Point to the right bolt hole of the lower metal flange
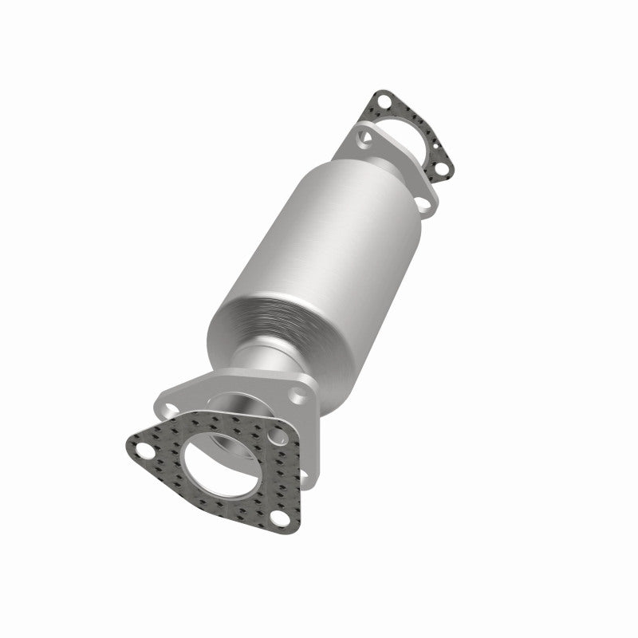(298, 393)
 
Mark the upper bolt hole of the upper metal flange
(366, 138)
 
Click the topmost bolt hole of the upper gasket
(382, 101)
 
